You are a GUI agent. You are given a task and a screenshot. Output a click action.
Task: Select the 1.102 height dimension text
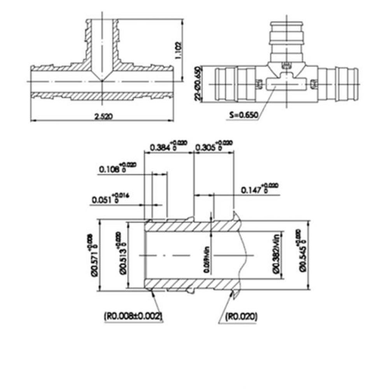coord(178,50)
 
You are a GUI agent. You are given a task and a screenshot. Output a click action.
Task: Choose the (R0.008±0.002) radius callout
coord(133,316)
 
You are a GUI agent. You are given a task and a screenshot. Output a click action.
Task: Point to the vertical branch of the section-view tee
coord(102,43)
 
